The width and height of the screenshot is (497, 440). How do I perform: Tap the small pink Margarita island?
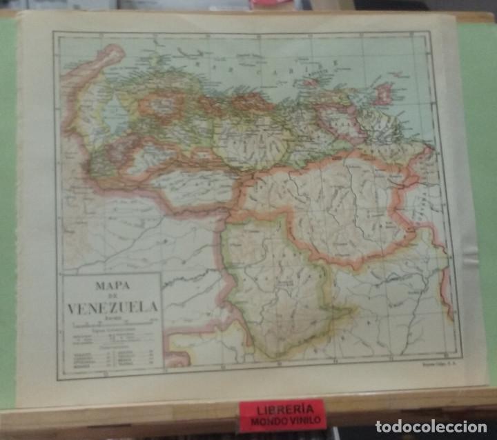(311, 82)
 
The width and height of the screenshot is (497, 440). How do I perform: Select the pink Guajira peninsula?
(104, 59)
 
